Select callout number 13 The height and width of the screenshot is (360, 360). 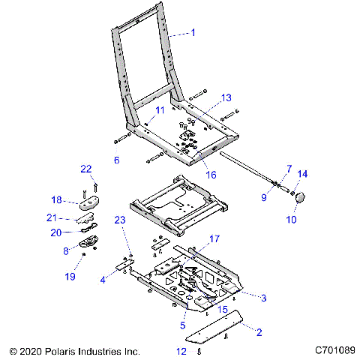[227, 98]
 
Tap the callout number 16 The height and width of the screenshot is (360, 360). [211, 175]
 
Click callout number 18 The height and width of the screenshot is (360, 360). [77, 200]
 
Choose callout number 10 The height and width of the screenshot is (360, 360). [292, 220]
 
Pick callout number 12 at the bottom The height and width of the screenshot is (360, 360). [181, 350]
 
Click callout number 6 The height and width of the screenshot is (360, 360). [116, 160]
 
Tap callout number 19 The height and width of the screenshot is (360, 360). [70, 277]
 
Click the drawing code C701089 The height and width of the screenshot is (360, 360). [334, 350]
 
